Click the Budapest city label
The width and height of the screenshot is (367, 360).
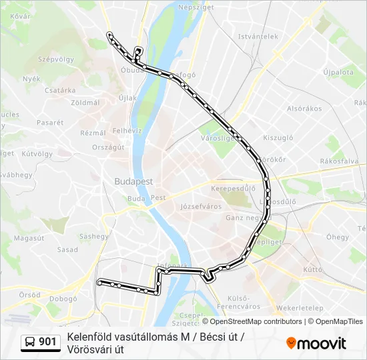coord(133,181)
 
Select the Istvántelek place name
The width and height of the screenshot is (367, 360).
coord(258,37)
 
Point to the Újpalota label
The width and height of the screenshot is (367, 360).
coord(338,71)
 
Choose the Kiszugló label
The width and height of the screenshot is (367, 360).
coord(278,138)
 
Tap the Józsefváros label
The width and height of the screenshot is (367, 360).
coord(201,207)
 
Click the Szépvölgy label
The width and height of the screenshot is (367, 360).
coord(56,59)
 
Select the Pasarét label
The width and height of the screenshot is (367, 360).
coord(50,123)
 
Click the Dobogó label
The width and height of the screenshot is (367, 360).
coord(63,299)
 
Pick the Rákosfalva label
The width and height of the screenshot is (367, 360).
coord(339,161)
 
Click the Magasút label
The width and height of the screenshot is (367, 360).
coord(29,237)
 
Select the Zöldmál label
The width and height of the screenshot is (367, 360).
coord(85,103)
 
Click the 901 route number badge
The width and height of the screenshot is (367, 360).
coord(47,342)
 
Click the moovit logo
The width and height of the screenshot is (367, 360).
coord(316,343)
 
